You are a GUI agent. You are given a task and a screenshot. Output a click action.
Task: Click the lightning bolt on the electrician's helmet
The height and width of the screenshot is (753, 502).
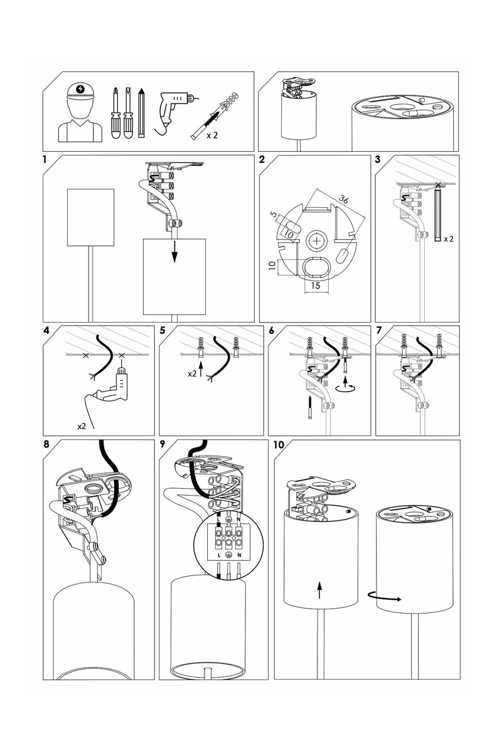click(81, 89)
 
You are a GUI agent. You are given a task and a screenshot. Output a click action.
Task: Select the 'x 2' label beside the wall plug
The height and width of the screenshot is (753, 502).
click(212, 135)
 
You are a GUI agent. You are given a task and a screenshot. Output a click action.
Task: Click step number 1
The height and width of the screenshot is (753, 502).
click(45, 159)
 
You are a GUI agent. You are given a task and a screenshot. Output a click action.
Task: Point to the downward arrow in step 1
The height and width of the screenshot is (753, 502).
click(174, 252)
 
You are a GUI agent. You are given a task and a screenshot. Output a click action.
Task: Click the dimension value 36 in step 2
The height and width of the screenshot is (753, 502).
click(343, 199)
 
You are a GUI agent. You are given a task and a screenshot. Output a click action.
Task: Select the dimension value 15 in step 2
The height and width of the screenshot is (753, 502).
click(316, 286)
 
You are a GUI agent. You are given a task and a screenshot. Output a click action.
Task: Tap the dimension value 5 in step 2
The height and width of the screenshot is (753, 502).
click(274, 215)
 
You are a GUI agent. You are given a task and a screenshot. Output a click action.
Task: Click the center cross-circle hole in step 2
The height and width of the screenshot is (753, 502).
click(316, 241)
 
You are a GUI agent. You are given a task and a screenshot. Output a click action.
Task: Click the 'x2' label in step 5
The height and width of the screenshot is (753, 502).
click(192, 373)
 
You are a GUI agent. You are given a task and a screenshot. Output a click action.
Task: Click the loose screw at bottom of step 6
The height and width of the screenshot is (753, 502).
click(310, 407)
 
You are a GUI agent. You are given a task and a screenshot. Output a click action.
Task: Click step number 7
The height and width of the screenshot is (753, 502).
click(379, 331)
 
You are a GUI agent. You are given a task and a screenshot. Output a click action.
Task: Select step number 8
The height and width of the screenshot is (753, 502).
click(46, 444)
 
